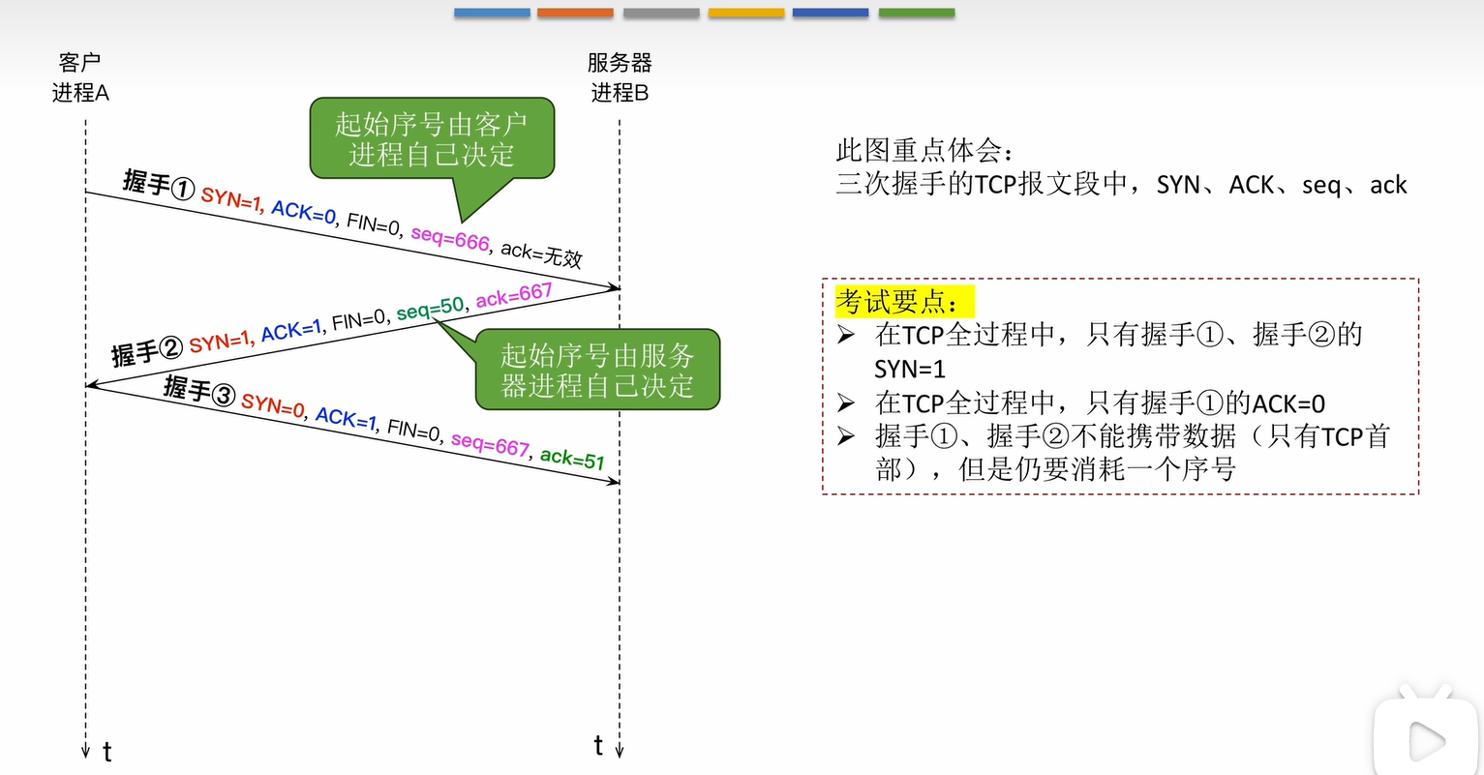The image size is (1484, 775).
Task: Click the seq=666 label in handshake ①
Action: (450, 237)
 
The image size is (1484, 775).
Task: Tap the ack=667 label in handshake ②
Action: (513, 296)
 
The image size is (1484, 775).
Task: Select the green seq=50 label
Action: (431, 309)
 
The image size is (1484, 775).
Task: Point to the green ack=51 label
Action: (572, 459)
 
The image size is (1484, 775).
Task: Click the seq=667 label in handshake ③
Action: (490, 444)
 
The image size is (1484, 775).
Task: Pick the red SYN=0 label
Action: (273, 405)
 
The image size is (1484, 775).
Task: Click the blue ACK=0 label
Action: (303, 212)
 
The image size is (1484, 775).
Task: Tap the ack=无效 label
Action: (541, 253)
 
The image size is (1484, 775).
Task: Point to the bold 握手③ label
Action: (198, 390)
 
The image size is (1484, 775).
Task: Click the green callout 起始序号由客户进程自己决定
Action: (432, 138)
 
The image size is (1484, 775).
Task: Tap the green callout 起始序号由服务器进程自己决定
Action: (597, 370)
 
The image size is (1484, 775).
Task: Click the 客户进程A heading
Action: (80, 77)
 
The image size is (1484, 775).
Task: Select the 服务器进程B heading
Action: (620, 77)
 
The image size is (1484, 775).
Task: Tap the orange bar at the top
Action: (575, 13)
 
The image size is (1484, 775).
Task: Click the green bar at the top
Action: (916, 13)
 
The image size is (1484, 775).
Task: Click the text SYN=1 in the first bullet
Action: (909, 369)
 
